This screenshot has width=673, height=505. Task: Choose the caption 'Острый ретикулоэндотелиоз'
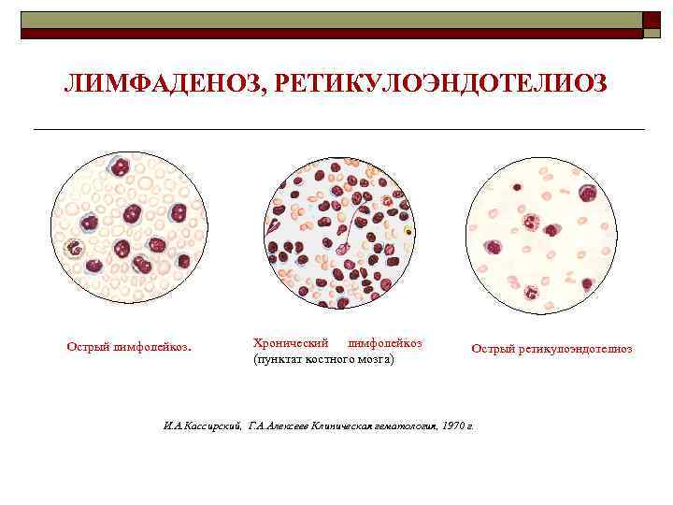(x=551, y=349)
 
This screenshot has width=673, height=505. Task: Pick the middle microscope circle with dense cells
(x=338, y=233)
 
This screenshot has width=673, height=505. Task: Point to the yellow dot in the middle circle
(x=408, y=230)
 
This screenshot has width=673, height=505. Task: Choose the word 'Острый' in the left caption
(x=88, y=348)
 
